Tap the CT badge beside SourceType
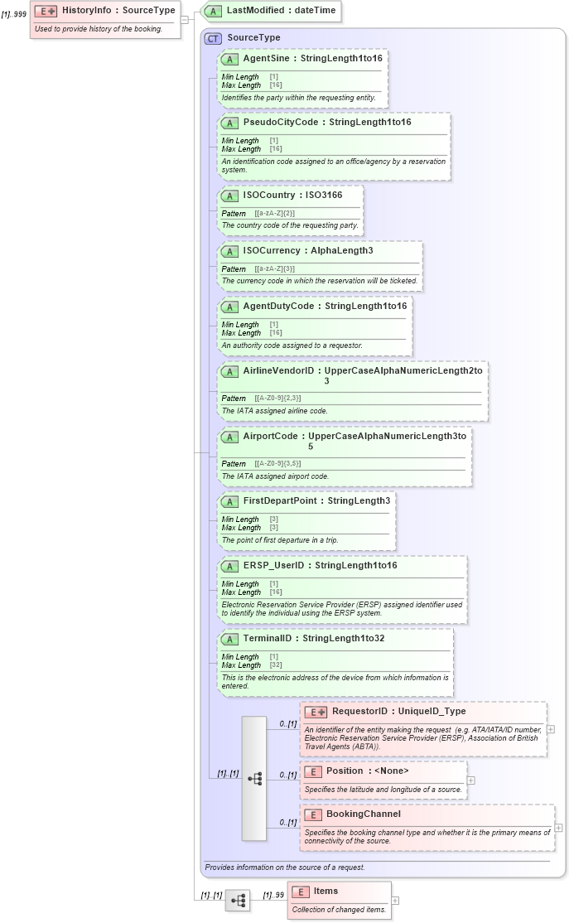point(214,38)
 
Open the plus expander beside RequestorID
point(551,729)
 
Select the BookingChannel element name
point(363,814)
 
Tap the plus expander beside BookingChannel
point(558,827)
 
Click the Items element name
point(325,892)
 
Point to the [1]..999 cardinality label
point(14,14)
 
